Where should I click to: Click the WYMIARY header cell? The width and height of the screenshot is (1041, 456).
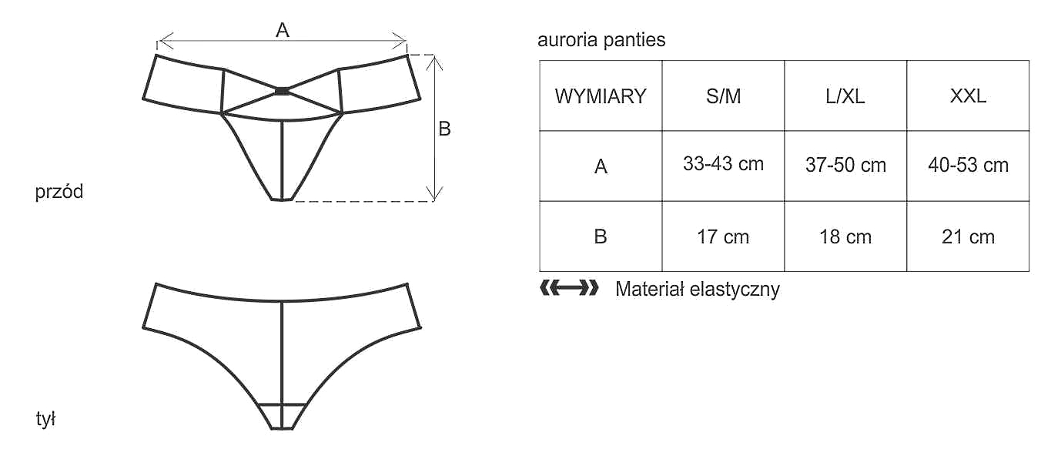pyautogui.click(x=601, y=96)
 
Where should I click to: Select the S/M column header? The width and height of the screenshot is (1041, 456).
pyautogui.click(x=723, y=96)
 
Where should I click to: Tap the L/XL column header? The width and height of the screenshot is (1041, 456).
pyautogui.click(x=845, y=96)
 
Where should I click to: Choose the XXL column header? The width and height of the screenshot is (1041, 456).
pyautogui.click(x=968, y=96)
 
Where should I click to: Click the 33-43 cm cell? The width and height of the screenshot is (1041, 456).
pyautogui.click(x=723, y=164)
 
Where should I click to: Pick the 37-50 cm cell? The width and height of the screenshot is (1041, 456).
pyautogui.click(x=845, y=165)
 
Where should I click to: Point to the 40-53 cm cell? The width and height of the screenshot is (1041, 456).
pyautogui.click(x=968, y=165)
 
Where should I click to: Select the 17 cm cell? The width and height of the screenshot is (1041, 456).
pyautogui.click(x=723, y=236)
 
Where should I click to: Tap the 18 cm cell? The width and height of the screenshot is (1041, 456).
pyautogui.click(x=845, y=236)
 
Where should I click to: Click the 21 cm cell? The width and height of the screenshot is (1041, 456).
pyautogui.click(x=968, y=236)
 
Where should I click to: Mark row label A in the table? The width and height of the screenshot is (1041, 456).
pyautogui.click(x=601, y=166)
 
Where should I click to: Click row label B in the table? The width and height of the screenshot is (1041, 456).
pyautogui.click(x=601, y=236)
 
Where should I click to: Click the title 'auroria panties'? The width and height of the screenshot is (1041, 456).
pyautogui.click(x=601, y=40)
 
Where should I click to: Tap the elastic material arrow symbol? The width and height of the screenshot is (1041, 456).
pyautogui.click(x=569, y=289)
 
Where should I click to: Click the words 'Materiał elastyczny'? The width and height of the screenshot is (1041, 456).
pyautogui.click(x=698, y=290)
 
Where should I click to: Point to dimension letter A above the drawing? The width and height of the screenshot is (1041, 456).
pyautogui.click(x=283, y=30)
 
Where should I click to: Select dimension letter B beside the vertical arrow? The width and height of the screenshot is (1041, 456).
pyautogui.click(x=444, y=129)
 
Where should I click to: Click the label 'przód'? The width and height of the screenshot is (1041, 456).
pyautogui.click(x=59, y=192)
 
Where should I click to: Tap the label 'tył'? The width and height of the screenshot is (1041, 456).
pyautogui.click(x=46, y=420)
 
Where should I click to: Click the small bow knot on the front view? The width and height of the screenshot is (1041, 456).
pyautogui.click(x=282, y=91)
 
